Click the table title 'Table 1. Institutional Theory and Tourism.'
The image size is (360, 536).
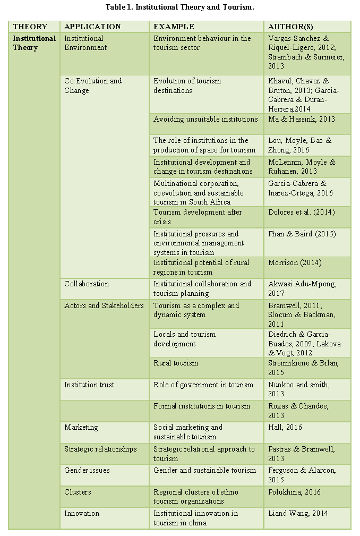[179, 7]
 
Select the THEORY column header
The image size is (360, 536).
[30, 27]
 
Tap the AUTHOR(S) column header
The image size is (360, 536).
[289, 27]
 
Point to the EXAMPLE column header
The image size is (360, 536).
[174, 27]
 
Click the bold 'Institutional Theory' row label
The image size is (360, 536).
[34, 43]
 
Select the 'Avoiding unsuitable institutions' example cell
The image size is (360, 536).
[205, 120]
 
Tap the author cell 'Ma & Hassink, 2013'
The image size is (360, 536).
[302, 120]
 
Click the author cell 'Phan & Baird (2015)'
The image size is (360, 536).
[302, 234]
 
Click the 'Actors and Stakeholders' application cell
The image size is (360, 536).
[104, 306]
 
